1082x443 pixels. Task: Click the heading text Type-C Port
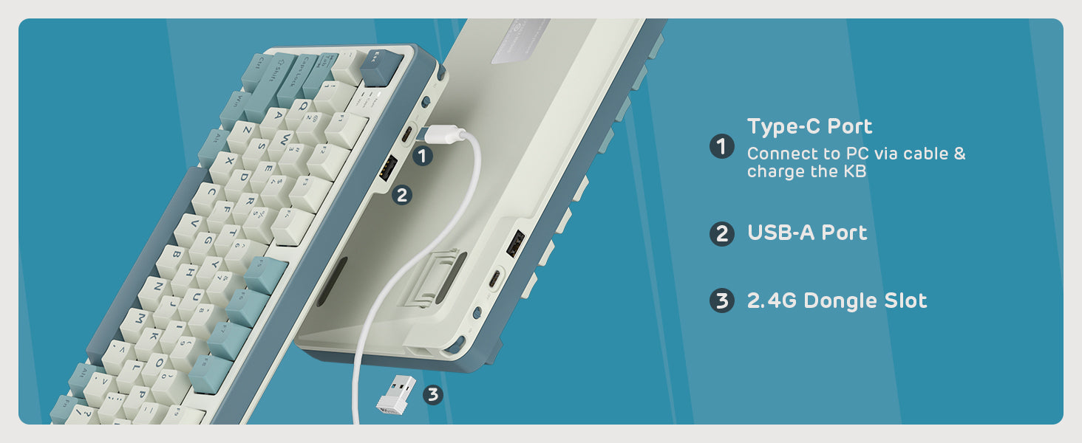point(809,127)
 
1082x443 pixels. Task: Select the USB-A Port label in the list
point(807,233)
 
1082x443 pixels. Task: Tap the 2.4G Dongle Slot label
point(837,301)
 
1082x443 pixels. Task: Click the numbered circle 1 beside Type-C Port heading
point(721,147)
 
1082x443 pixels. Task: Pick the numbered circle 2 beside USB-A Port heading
point(721,234)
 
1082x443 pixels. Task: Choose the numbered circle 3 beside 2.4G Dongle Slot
point(721,301)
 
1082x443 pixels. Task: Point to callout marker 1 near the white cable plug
point(422,156)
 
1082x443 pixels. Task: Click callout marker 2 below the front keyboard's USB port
point(401,195)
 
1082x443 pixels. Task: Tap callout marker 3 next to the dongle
point(433,395)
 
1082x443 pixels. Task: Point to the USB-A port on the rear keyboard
point(515,243)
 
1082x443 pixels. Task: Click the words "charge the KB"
point(806,172)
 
